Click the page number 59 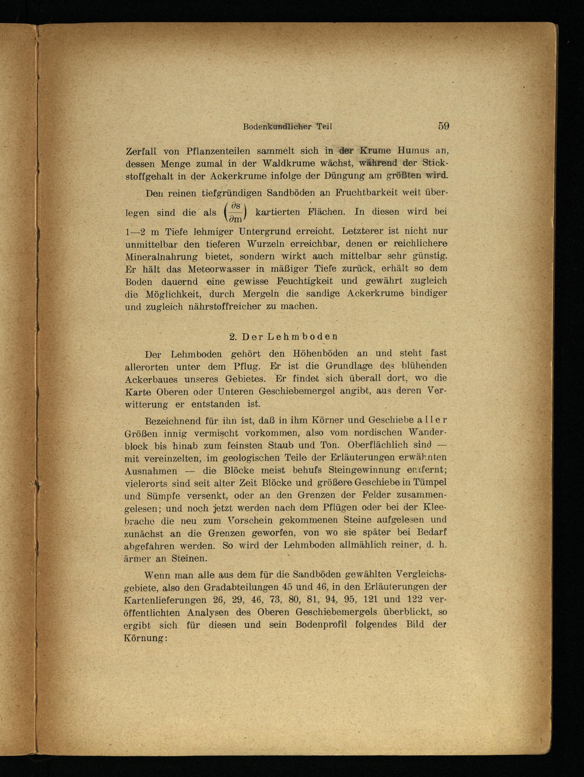[x=443, y=126]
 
